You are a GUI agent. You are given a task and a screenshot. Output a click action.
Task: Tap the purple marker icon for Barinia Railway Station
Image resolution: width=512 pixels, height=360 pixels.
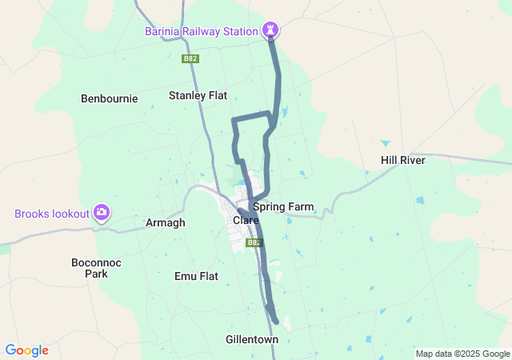(x=272, y=30)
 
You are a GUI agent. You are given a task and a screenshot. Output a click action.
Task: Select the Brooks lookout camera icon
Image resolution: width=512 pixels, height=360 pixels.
(x=102, y=213)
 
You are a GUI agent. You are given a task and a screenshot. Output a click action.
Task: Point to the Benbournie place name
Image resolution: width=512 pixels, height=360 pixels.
(x=110, y=98)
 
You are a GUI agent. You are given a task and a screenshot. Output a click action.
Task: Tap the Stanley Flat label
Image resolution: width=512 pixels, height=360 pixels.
(x=198, y=95)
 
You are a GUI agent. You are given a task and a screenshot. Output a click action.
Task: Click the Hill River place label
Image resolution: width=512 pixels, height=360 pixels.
(x=402, y=160)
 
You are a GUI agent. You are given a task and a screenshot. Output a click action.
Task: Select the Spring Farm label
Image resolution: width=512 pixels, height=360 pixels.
(x=283, y=206)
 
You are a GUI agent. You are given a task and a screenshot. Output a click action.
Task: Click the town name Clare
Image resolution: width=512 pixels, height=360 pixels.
(x=246, y=220)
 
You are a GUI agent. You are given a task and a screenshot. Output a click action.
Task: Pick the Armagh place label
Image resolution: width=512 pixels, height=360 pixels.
(x=166, y=222)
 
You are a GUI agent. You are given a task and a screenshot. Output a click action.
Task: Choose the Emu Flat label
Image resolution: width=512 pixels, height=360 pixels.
(x=196, y=276)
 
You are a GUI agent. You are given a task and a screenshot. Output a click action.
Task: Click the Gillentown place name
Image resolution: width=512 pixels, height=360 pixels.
(x=251, y=339)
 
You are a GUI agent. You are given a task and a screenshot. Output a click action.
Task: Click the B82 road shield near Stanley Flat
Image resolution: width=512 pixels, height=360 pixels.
(x=190, y=58)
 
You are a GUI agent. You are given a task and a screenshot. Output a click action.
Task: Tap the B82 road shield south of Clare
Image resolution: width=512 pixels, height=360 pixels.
(x=254, y=242)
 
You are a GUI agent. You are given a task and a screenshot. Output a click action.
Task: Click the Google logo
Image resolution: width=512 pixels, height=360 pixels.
(x=26, y=350)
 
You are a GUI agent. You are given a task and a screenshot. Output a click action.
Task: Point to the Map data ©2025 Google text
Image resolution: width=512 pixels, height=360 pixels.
(x=462, y=354)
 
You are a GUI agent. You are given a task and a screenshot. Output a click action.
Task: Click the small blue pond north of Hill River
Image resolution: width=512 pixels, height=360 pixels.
(x=386, y=143)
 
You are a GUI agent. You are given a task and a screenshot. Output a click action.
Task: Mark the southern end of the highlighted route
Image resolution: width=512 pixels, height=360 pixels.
(x=276, y=322)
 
